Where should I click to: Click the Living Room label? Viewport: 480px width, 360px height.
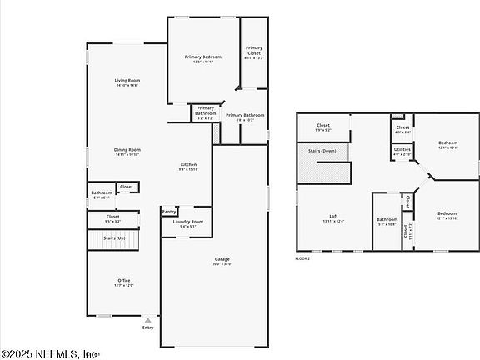pyautogui.click(x=127, y=81)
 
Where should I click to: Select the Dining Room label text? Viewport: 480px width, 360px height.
pyautogui.click(x=127, y=150)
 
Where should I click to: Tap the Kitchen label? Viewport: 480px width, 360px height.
pyautogui.click(x=189, y=165)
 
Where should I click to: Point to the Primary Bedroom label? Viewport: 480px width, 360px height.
pyautogui.click(x=203, y=57)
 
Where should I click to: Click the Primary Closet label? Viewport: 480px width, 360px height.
pyautogui.click(x=253, y=50)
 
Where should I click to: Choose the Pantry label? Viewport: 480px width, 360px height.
pyautogui.click(x=169, y=212)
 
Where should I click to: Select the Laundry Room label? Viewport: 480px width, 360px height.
pyautogui.click(x=187, y=222)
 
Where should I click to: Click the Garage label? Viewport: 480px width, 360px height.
pyautogui.click(x=222, y=259)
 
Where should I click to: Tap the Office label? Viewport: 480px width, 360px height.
pyautogui.click(x=123, y=280)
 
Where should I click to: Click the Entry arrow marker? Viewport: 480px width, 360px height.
pyautogui.click(x=148, y=319)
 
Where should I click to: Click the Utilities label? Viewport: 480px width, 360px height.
pyautogui.click(x=402, y=150)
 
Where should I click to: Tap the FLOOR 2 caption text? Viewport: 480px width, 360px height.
pyautogui.click(x=302, y=259)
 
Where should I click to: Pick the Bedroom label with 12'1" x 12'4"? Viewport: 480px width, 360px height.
pyautogui.click(x=447, y=142)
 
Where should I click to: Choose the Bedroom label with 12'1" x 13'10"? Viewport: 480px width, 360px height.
pyautogui.click(x=447, y=213)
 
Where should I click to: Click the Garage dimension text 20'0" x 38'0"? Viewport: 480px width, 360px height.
pyautogui.click(x=222, y=264)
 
